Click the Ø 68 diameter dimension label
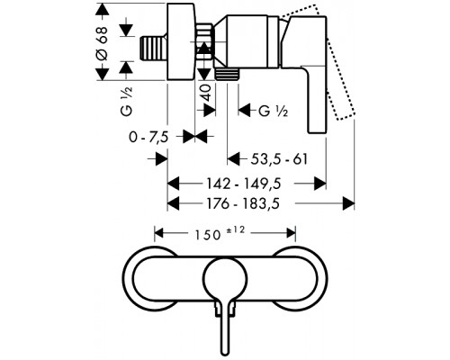(102, 43)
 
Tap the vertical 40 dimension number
(206, 93)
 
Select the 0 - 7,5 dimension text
(148, 138)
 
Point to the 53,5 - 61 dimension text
(279, 159)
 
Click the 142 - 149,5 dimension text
(244, 184)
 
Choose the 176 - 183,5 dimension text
(243, 203)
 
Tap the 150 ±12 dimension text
(220, 233)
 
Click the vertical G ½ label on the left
(126, 101)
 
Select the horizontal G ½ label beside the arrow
(273, 111)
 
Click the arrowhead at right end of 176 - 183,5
(348, 203)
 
